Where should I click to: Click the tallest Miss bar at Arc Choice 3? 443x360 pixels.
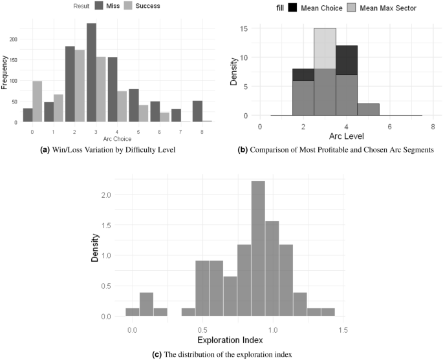coord(91,72)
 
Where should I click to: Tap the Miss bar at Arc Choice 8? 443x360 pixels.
coord(197,111)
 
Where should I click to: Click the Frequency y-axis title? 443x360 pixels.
coord(5,74)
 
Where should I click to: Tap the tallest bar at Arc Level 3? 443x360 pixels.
coord(325,72)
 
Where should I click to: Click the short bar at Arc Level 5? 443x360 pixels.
coord(369,110)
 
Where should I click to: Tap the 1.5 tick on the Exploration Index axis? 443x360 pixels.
coord(343,330)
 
